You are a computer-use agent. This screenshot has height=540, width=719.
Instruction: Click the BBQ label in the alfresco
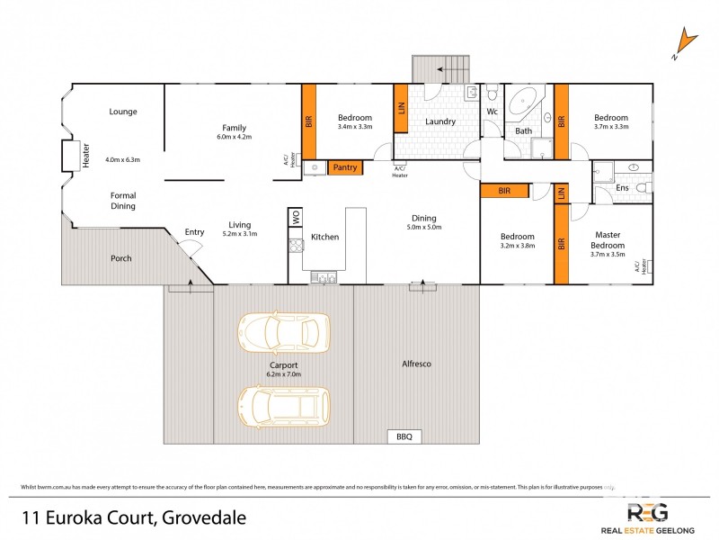404,436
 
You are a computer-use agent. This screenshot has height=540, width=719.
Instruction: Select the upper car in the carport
283,333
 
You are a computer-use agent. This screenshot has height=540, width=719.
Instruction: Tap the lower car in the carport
283,405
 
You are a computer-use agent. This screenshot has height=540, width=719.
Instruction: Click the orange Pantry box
345,167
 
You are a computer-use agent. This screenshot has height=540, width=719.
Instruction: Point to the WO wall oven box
295,217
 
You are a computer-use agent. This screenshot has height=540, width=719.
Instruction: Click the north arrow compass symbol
686,43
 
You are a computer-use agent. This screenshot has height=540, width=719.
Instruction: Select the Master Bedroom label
607,240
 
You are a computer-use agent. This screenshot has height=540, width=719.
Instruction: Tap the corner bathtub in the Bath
524,104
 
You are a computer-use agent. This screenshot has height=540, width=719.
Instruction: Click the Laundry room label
440,121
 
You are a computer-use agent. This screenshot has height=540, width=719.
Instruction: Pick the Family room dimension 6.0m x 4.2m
234,138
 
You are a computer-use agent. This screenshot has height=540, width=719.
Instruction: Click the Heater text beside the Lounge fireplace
87,157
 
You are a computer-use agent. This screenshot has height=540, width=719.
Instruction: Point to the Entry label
194,232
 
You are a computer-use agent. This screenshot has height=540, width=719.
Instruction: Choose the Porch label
120,258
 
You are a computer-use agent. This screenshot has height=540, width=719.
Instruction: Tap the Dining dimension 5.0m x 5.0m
423,228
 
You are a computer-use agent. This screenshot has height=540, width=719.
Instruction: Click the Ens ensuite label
622,187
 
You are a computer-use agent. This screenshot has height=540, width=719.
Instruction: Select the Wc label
492,112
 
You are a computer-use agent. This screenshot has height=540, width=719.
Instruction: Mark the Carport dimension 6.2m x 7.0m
283,373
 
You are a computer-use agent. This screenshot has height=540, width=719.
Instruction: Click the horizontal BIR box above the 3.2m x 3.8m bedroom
504,191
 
